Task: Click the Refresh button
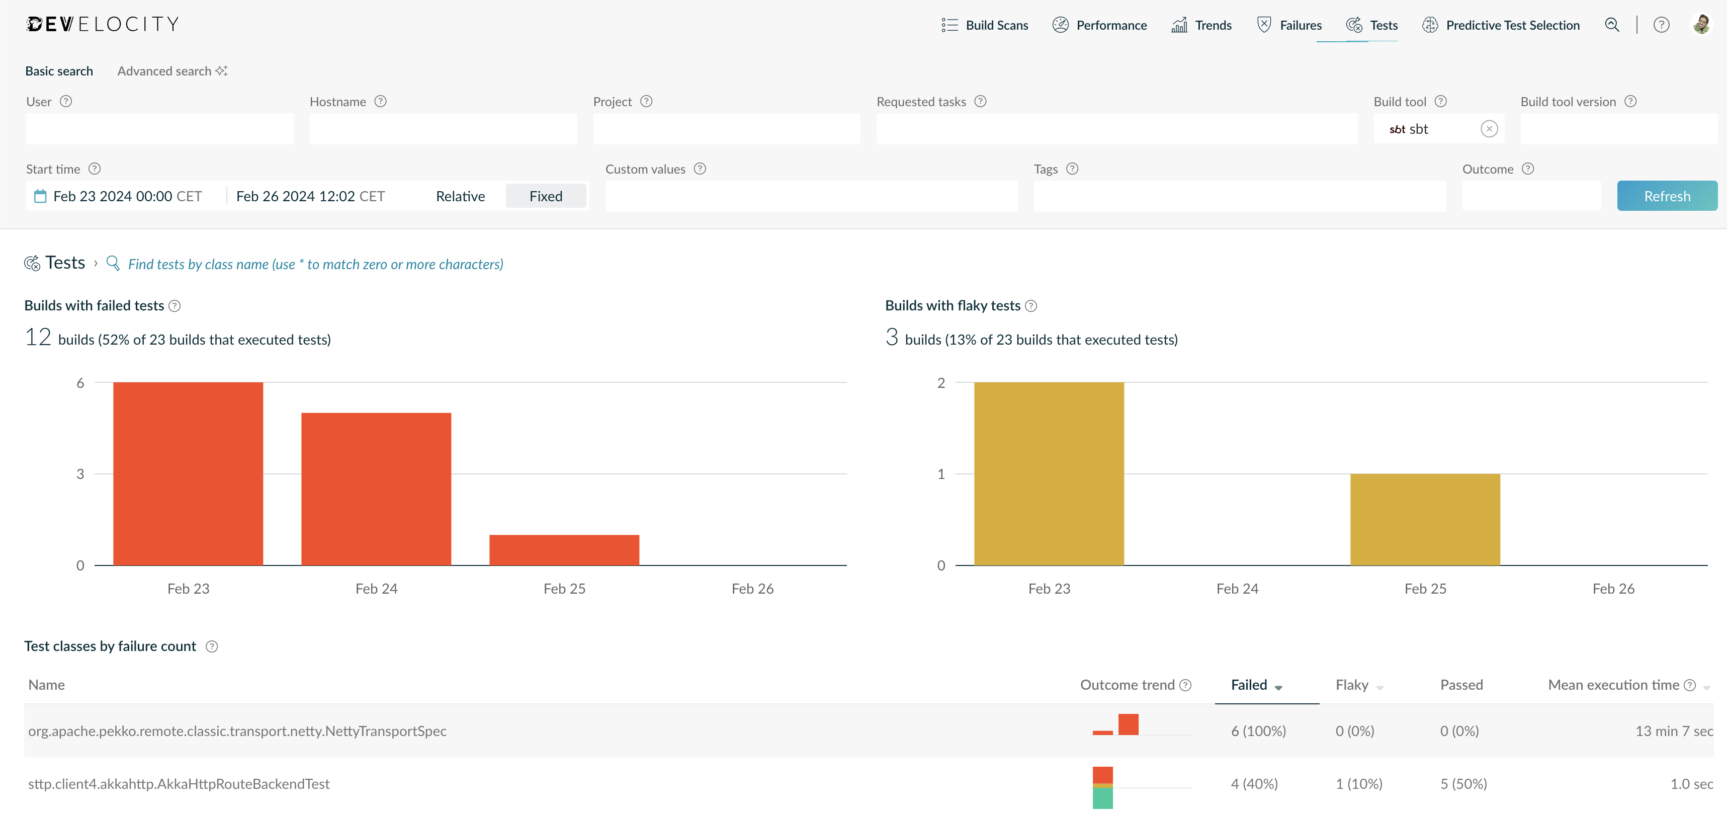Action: click(1667, 196)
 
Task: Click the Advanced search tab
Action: click(172, 71)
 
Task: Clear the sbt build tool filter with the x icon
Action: click(1489, 129)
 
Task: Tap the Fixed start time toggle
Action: click(546, 196)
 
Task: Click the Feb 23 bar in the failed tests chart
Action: click(189, 473)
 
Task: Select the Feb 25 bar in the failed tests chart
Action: click(564, 550)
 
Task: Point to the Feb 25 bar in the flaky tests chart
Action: click(1425, 519)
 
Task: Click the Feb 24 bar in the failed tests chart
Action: click(376, 489)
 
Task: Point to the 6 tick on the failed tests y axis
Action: click(80, 382)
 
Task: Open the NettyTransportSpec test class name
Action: click(237, 730)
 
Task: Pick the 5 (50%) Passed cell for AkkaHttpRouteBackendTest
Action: click(1463, 783)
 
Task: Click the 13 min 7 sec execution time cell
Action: click(1674, 730)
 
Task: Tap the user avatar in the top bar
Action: click(1701, 25)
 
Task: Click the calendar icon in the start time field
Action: click(40, 196)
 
